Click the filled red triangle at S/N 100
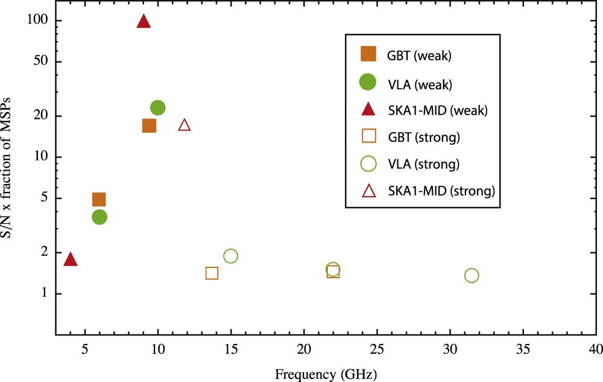coord(144,22)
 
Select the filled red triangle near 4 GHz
coord(71,259)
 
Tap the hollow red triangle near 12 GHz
coord(185,125)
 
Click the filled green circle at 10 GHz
coord(158,108)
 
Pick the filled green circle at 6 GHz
coord(99,217)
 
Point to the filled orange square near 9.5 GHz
coord(149,126)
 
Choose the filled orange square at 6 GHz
coord(99,200)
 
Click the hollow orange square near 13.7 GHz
coord(212,273)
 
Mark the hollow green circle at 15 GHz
coord(230,256)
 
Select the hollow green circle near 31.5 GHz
coord(472,275)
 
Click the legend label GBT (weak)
coord(420,56)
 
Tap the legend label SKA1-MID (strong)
coord(441,191)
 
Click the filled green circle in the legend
coord(368,82)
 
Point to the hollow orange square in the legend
coord(368,136)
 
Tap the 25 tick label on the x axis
coord(377,349)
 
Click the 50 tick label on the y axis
coord(40,62)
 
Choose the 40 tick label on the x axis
coord(596,349)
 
